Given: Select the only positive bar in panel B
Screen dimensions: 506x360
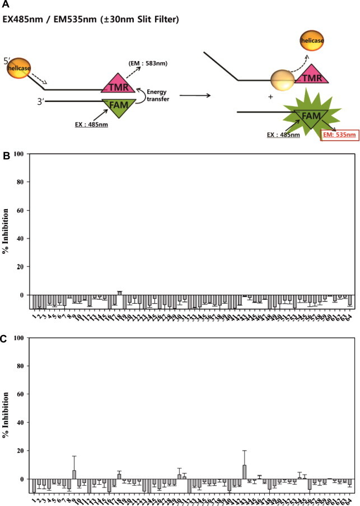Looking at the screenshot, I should tap(119, 293).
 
